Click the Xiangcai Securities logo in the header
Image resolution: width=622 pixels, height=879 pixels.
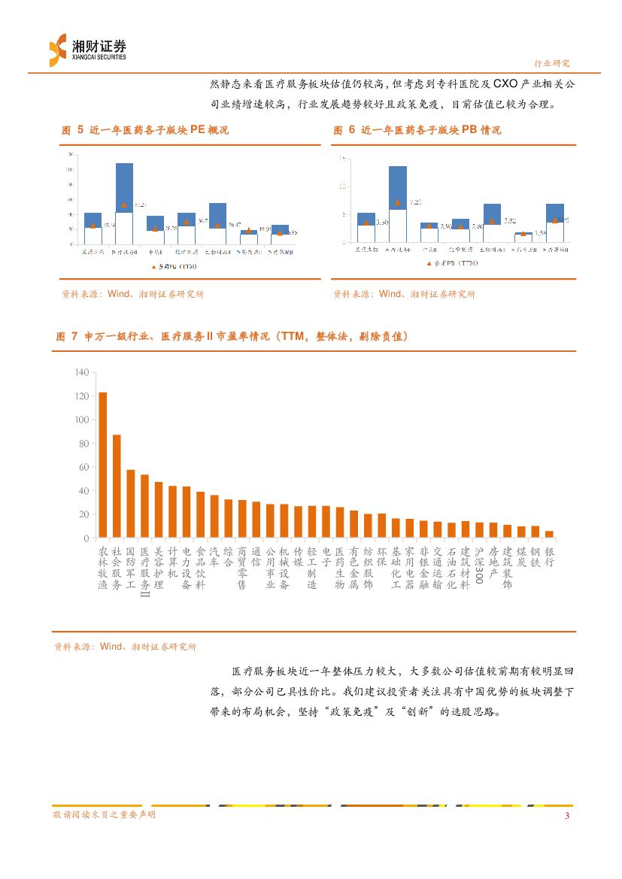pos(87,50)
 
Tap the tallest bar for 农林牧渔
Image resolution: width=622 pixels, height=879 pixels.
pos(102,465)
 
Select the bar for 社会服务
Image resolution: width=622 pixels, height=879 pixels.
pos(117,486)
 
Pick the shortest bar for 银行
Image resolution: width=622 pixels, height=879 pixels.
pos(549,535)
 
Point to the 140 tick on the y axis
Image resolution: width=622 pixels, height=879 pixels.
pos(81,372)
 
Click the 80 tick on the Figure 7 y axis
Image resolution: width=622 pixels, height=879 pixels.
pos(83,444)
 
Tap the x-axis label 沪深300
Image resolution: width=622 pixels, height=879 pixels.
pos(478,570)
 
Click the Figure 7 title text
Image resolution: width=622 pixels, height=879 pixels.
pos(232,337)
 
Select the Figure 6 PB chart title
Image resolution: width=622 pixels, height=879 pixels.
pos(417,130)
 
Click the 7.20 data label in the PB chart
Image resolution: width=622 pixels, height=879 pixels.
pos(415,202)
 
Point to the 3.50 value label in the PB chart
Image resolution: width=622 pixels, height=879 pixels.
pos(382,223)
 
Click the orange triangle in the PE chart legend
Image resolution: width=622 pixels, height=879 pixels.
pos(154,266)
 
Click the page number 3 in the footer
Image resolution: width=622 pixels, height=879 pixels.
pos(567,817)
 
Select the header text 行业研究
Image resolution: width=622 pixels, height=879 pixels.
pos(552,63)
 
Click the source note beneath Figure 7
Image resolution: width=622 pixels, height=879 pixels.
pos(125,647)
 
